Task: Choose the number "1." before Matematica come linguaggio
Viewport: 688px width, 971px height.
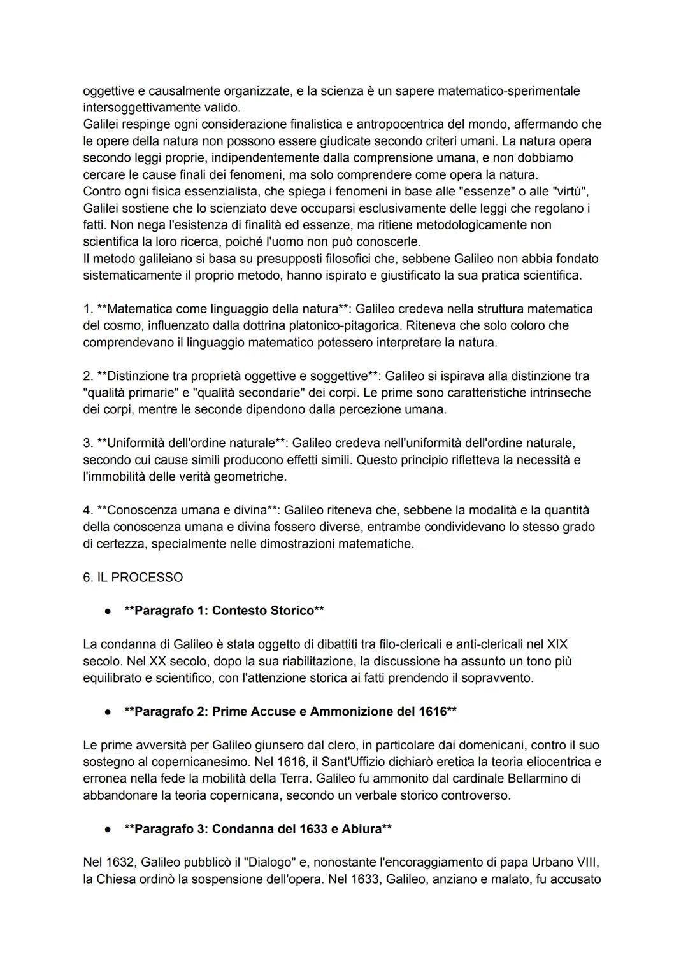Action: click(x=88, y=309)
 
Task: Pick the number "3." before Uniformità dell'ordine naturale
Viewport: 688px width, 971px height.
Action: click(x=88, y=443)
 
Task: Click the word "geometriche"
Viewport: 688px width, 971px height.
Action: click(x=253, y=476)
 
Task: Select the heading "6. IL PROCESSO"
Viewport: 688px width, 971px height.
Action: click(x=133, y=577)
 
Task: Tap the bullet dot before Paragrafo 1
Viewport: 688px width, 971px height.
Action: click(x=108, y=611)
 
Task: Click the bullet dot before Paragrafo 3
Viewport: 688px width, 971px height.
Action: click(x=108, y=829)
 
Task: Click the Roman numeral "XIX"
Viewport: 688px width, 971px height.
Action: click(x=557, y=644)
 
